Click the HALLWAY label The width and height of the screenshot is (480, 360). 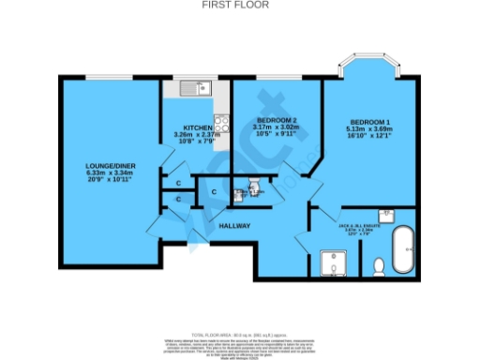(x=233, y=226)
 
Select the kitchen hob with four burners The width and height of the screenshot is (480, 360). (x=222, y=125)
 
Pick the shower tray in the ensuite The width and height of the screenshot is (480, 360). (x=333, y=263)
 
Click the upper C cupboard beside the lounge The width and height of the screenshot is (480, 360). (x=177, y=183)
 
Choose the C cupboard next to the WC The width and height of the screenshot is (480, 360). (x=213, y=192)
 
